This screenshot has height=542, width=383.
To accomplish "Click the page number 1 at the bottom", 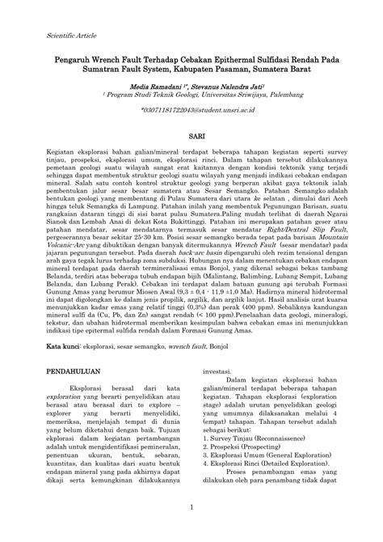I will coord(191,530).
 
